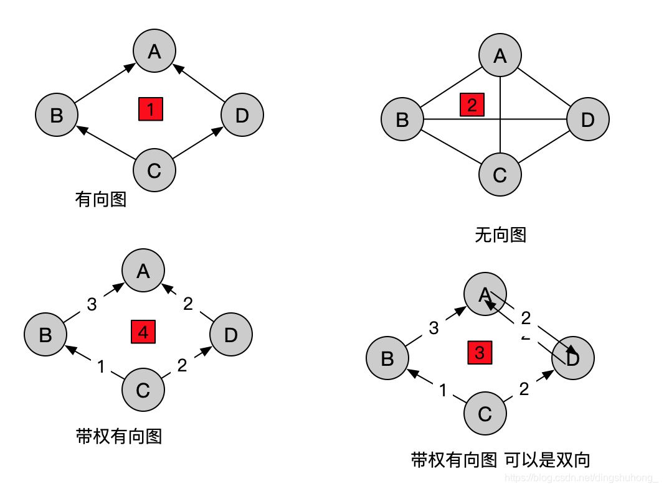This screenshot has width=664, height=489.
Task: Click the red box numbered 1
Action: tap(151, 109)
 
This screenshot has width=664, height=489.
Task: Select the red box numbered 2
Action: tap(472, 105)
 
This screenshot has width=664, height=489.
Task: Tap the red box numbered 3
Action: tap(480, 353)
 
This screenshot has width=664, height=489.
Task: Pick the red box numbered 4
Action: tap(143, 332)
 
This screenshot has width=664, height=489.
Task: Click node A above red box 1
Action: tap(154, 51)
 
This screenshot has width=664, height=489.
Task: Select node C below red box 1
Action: tap(154, 170)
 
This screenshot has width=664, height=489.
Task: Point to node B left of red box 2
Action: tap(402, 119)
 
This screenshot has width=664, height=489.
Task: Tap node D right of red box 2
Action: tap(587, 119)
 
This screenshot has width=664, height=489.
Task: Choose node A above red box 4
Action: tap(143, 271)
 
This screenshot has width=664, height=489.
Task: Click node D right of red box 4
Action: tap(231, 335)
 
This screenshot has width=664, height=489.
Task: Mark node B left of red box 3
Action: tap(387, 358)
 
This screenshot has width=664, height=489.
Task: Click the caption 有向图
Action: tap(101, 200)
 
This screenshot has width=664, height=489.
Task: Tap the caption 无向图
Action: tap(501, 235)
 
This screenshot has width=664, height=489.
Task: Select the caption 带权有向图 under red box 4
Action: tap(118, 436)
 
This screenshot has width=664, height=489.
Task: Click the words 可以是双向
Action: tap(547, 460)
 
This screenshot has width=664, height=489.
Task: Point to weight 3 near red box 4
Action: tap(92, 304)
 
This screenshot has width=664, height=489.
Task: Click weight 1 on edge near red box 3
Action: tap(443, 391)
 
